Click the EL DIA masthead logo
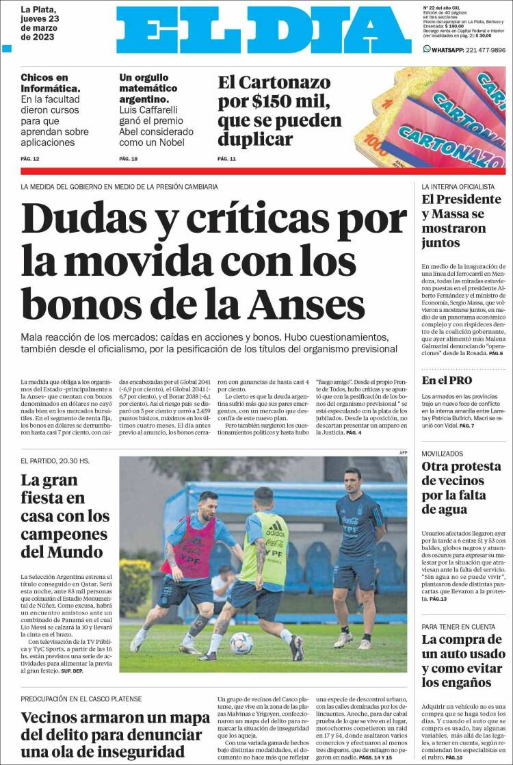click(x=263, y=30)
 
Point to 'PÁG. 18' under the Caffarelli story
click(x=129, y=159)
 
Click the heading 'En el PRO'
click(x=447, y=380)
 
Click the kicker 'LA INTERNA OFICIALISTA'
click(x=458, y=186)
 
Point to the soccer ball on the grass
click(x=241, y=643)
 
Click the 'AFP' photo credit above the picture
click(x=403, y=452)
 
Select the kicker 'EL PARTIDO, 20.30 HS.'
click(x=55, y=461)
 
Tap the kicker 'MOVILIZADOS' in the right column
click(x=443, y=454)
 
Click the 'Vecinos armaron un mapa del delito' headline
click(x=115, y=734)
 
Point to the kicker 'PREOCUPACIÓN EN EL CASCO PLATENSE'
click(x=81, y=699)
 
